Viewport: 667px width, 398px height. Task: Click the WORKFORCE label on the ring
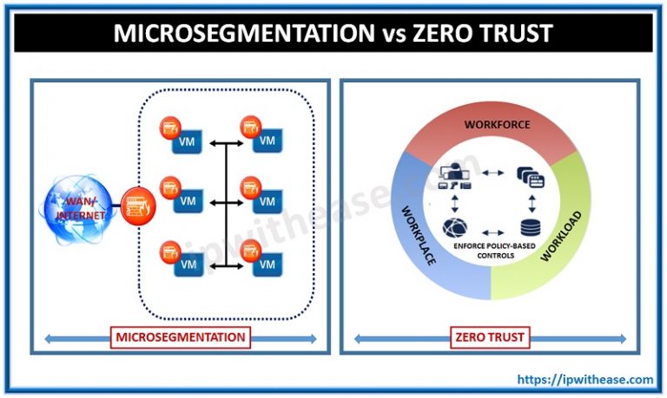coord(497,125)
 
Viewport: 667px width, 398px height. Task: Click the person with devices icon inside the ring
coord(454,177)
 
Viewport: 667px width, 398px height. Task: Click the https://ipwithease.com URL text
coord(585,379)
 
